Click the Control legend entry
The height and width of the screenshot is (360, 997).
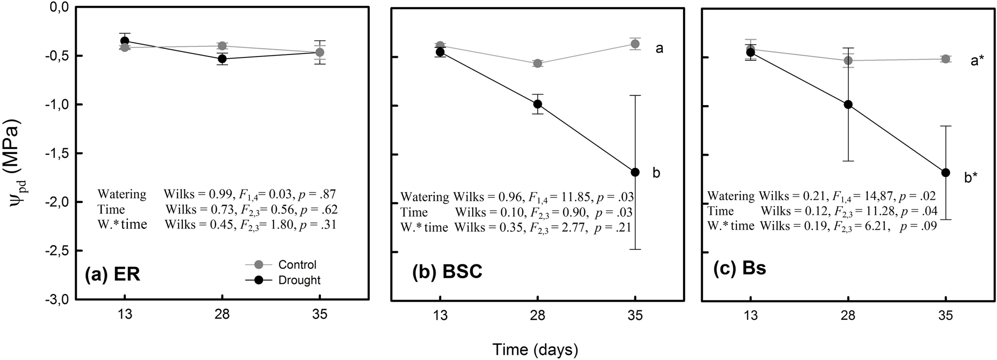pos(297,264)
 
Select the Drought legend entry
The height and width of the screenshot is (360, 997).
pos(299,280)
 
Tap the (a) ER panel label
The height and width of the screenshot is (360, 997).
pos(112,274)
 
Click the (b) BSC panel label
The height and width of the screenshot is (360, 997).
pos(447,272)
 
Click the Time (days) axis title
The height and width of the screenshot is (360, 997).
pos(535,349)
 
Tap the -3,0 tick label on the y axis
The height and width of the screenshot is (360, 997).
pos(56,300)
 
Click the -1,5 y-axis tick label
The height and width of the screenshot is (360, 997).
pos(56,153)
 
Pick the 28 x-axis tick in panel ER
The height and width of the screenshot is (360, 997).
pos(222,315)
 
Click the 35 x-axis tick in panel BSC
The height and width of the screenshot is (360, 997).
pos(635,315)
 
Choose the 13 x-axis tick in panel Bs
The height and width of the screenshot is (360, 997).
pos(751,315)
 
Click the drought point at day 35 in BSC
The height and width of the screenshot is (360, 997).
pos(635,172)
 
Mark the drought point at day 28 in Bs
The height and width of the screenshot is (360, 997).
pos(848,105)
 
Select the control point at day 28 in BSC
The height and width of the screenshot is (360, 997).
pos(538,63)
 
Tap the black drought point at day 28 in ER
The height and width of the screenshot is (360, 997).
pos(222,59)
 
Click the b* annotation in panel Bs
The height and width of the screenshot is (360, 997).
pos(971,178)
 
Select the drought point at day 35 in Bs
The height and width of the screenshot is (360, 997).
pos(945,173)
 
